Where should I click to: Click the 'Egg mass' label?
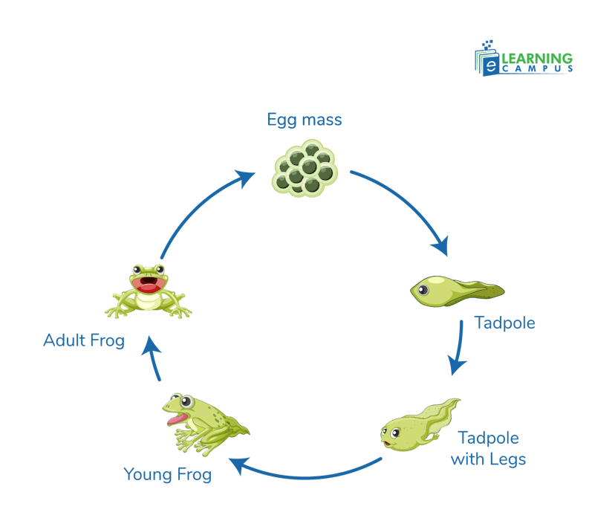point(304,120)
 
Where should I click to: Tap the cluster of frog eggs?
point(305,170)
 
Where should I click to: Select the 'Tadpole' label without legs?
point(504,323)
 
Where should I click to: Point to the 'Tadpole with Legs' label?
point(488,448)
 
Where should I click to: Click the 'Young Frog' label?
point(168,473)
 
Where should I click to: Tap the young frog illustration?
point(201,423)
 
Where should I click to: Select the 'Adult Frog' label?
point(84,340)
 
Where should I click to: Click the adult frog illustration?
point(148,290)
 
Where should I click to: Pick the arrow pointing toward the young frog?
point(305,472)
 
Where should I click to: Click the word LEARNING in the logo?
point(537,58)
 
